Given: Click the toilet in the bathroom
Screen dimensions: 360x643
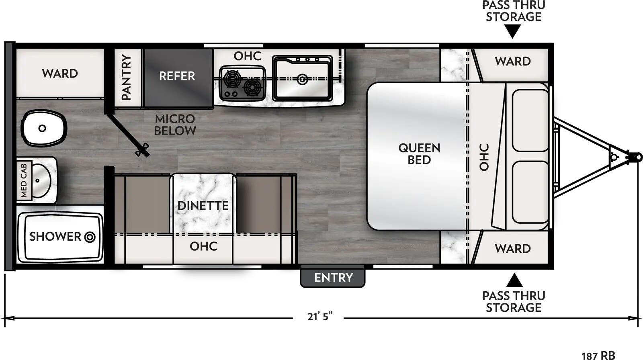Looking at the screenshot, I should coord(43,129).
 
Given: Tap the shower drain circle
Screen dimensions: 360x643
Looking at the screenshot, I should coord(90,237).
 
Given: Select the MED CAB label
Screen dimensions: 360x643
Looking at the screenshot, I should coord(24,180).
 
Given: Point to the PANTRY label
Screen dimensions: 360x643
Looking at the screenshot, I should coord(127,77).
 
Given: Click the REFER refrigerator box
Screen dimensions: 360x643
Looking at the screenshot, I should coord(177,76).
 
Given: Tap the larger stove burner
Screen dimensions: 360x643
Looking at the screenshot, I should coord(232,78).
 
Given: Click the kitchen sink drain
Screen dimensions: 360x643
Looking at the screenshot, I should coord(302,80).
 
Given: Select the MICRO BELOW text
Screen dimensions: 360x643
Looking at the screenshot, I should coord(175,125).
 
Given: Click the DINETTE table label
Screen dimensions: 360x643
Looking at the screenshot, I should coord(203,206).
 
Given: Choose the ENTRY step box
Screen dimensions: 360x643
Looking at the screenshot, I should coord(333,278).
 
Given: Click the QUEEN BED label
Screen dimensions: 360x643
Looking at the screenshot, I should coord(419,154).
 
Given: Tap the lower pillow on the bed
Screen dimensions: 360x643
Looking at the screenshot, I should coord(530,192).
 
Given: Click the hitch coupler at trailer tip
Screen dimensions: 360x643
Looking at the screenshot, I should coord(635,157).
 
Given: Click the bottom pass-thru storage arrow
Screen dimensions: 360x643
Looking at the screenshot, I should coord(514,280).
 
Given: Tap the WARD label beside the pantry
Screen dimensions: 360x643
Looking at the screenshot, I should coord(60,74).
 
